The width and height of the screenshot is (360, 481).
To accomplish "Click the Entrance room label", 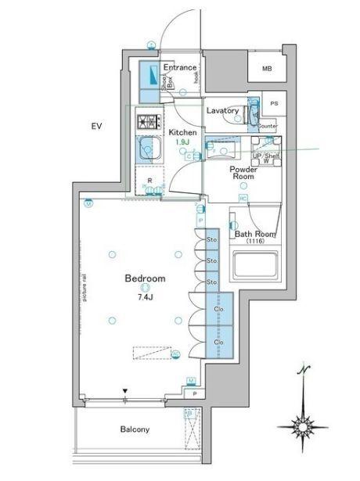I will (x=179, y=69).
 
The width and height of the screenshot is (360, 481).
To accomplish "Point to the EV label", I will (x=96, y=126).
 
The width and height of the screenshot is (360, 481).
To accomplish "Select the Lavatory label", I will (x=222, y=111).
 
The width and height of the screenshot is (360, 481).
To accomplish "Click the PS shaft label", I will (x=273, y=103).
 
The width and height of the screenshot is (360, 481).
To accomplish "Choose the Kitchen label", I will (x=182, y=132).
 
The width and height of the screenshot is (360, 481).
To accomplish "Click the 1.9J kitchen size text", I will (x=182, y=142).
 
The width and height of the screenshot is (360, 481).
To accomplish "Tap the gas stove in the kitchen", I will (x=146, y=122).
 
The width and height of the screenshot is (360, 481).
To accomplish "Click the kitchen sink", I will (x=146, y=149).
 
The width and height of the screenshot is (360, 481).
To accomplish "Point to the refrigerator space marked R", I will (x=149, y=181).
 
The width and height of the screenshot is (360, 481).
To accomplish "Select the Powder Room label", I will (x=243, y=173).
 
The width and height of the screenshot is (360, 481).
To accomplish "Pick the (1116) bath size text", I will (x=255, y=242).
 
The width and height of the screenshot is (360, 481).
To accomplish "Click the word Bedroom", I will (x=144, y=278).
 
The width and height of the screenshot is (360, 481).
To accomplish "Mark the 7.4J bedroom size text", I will (x=145, y=298).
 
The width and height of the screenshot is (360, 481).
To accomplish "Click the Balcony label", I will (x=135, y=429).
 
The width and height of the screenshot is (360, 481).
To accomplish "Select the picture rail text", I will (x=84, y=285).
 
